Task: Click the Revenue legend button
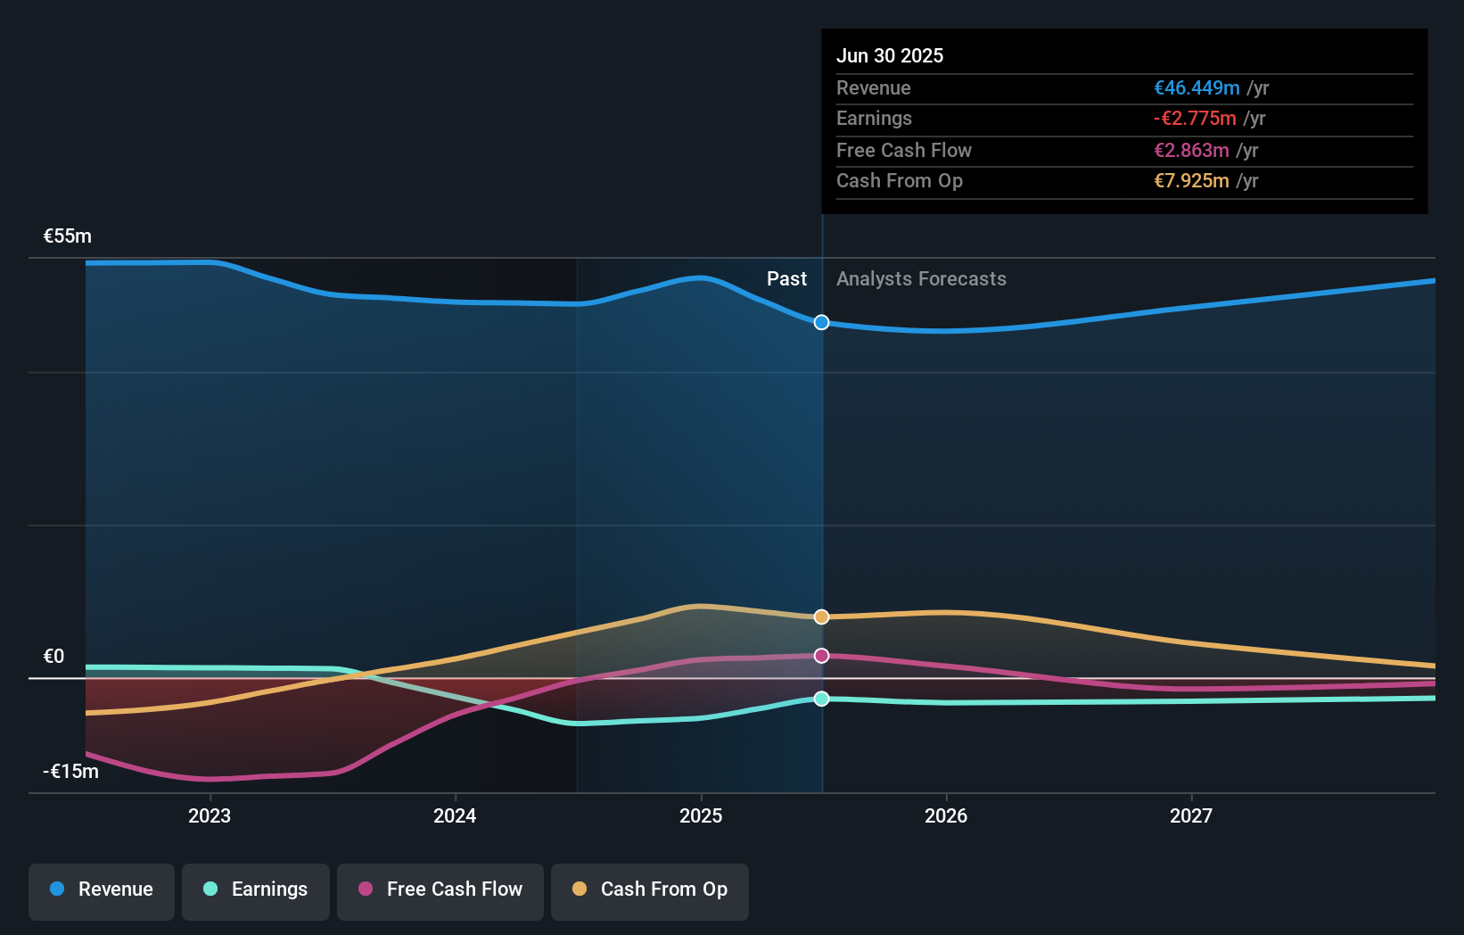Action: pos(102,889)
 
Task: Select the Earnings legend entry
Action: pos(256,889)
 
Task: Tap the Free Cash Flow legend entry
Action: pos(440,889)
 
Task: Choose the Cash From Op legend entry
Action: pos(650,889)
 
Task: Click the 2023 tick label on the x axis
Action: pos(210,815)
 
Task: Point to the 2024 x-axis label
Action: pos(455,815)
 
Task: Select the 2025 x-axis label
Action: pos(701,815)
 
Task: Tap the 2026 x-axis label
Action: pos(946,815)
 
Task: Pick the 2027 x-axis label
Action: pos(1191,815)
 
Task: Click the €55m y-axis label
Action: pos(68,236)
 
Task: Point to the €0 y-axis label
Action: pos(54,657)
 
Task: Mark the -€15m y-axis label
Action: pos(71,772)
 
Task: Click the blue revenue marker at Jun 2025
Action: pos(822,322)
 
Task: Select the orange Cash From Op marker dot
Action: pos(822,616)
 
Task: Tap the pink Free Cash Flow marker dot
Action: pos(822,656)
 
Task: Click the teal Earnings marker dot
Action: pos(822,699)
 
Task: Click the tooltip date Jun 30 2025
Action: pos(890,55)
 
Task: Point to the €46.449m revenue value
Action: pos(1197,87)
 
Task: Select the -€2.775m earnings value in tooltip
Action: pos(1195,119)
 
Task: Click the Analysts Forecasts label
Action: pos(921,279)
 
